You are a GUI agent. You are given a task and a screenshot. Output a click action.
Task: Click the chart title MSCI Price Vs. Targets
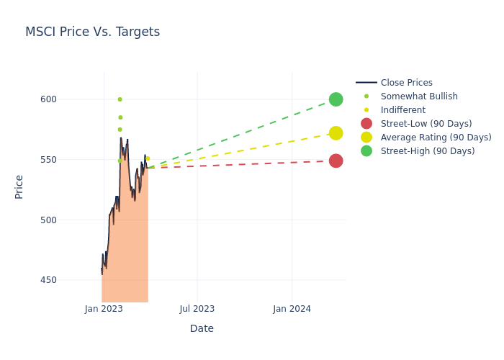(92, 32)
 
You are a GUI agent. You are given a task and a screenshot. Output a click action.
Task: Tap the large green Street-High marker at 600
(336, 99)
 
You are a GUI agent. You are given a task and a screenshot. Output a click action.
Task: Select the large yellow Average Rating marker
(336, 133)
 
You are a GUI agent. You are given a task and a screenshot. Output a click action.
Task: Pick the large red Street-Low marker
(336, 161)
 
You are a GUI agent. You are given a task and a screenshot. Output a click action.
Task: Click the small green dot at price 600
(120, 99)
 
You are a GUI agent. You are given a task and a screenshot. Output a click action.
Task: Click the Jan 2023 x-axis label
(104, 309)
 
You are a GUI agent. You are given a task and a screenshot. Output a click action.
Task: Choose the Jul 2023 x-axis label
(197, 309)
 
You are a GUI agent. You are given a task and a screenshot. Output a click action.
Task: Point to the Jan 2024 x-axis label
(292, 309)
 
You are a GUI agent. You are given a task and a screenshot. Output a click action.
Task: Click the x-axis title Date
(202, 329)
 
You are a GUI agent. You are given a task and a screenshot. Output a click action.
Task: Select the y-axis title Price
(19, 186)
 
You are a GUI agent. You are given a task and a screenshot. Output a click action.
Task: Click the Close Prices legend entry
(406, 83)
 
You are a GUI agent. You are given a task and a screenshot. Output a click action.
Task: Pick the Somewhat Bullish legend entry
(418, 96)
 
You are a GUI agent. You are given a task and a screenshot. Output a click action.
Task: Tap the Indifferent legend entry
(402, 110)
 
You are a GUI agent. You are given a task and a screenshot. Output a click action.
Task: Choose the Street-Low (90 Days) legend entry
(426, 124)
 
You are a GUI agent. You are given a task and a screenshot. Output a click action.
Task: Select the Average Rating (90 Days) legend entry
(436, 138)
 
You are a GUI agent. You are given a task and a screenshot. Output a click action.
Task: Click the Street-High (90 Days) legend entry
(427, 151)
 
